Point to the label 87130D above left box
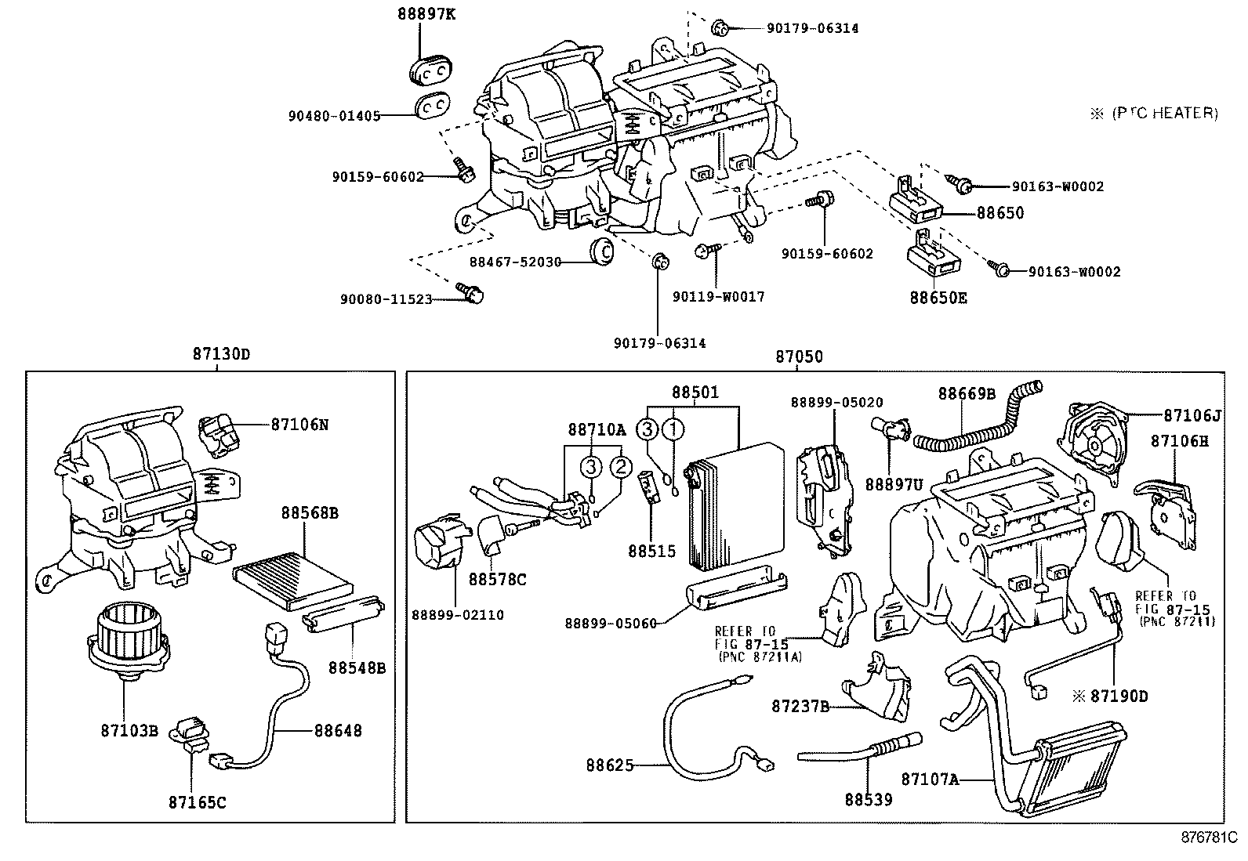221,354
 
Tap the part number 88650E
938,298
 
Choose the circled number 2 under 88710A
620,468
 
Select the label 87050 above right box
799,356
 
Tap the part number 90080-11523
386,299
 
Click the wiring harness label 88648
338,730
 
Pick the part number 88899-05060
611,624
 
